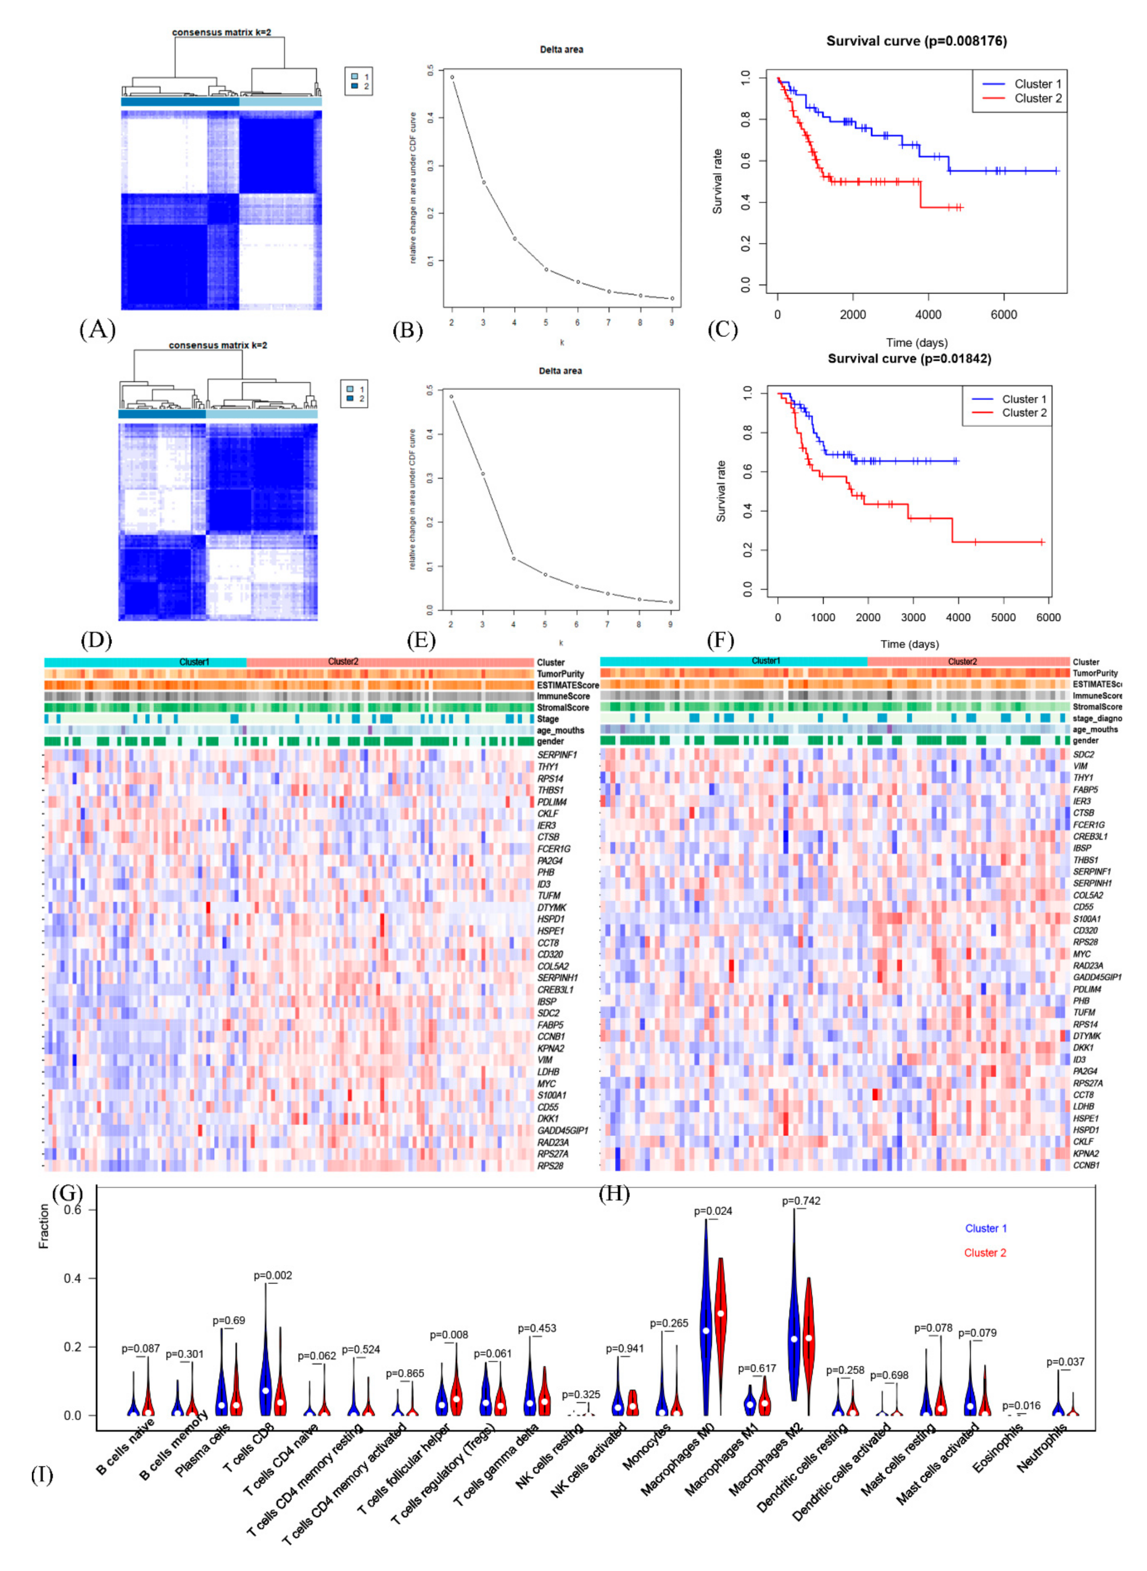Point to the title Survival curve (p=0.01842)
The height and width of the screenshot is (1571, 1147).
click(x=909, y=359)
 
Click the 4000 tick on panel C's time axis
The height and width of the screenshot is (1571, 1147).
click(x=928, y=315)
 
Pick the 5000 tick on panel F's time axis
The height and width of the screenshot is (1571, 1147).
click(x=1003, y=617)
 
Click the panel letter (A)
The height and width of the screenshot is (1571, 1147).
click(x=97, y=329)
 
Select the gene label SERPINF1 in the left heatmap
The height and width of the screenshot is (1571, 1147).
click(x=557, y=754)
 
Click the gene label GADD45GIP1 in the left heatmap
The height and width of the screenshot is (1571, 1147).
click(x=562, y=1130)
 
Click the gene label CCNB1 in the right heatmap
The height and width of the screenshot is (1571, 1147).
click(x=1086, y=1165)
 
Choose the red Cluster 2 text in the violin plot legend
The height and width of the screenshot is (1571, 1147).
click(x=985, y=1253)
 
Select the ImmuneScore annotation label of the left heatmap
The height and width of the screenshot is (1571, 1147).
click(x=563, y=696)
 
